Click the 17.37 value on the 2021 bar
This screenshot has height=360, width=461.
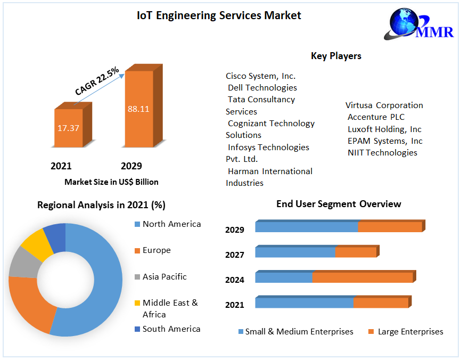click(x=68, y=128)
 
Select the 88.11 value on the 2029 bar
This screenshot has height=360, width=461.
click(x=138, y=109)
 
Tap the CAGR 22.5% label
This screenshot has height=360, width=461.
click(x=97, y=81)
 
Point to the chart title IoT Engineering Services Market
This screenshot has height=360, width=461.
click(x=219, y=15)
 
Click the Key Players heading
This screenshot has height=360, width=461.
click(x=336, y=56)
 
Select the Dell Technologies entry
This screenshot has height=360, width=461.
click(x=262, y=87)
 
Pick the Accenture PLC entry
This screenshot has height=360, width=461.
click(x=376, y=117)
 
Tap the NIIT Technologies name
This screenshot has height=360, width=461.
click(x=382, y=153)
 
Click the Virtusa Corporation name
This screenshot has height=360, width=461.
click(x=384, y=105)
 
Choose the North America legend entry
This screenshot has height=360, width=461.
click(x=171, y=224)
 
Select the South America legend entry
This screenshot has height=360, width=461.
click(x=171, y=329)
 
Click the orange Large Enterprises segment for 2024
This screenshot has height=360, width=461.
click(x=363, y=277)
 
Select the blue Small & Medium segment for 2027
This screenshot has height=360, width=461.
click(x=295, y=252)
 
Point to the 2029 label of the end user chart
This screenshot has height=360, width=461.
click(x=235, y=230)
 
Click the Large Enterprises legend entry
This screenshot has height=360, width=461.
click(x=410, y=332)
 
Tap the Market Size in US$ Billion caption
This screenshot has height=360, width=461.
click(x=111, y=182)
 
